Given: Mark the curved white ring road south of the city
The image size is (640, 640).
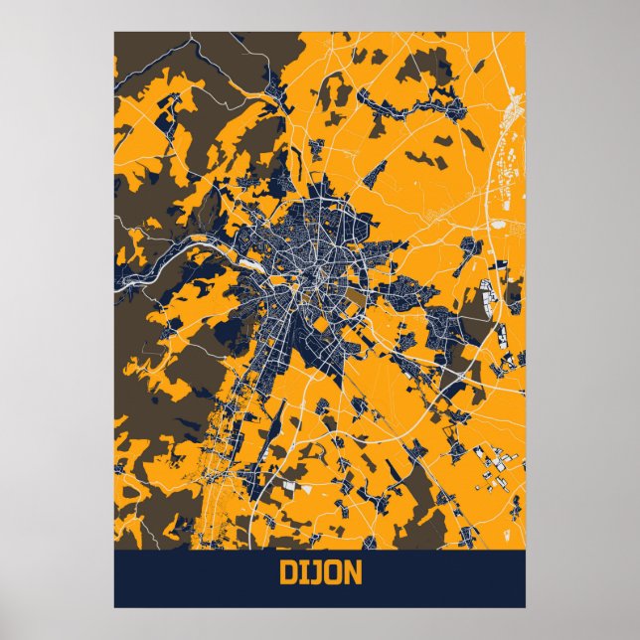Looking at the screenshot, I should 298,437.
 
